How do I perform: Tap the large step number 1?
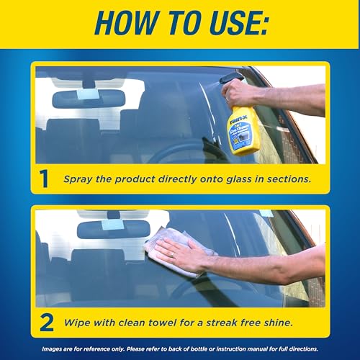tap(45, 178)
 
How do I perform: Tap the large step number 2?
tap(45, 322)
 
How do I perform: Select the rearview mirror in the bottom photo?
tap(109, 230)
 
